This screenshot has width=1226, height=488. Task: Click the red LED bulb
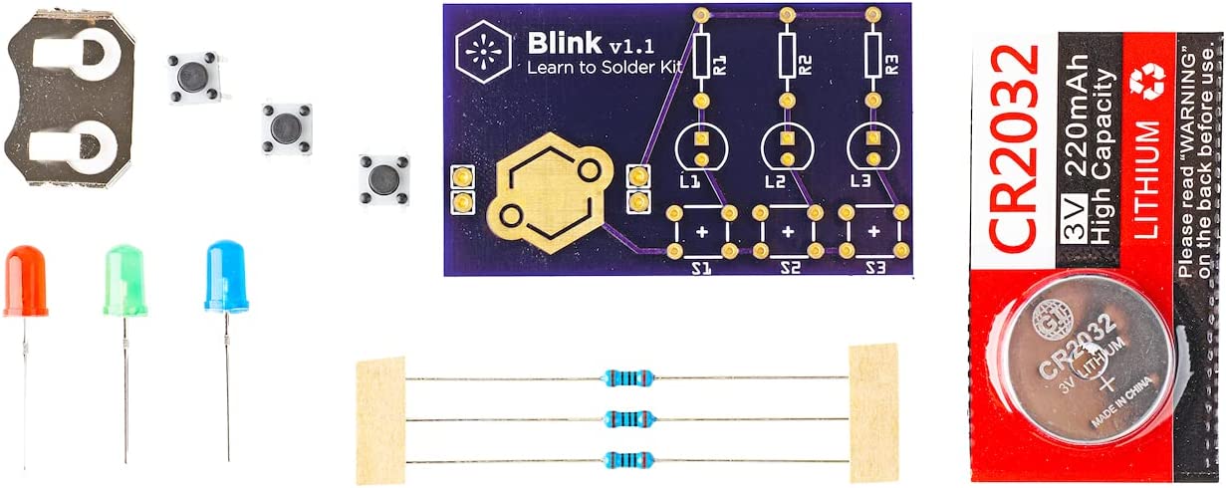coord(25,281)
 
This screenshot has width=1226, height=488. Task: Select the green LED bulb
coord(125,281)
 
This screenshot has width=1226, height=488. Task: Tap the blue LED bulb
coord(226,276)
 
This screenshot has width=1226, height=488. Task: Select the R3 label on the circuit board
coord(893,65)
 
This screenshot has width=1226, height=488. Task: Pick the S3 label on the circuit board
coord(875,268)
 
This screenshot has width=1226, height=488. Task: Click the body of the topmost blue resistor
coord(628,377)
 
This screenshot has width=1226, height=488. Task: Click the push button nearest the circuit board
coord(382,180)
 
